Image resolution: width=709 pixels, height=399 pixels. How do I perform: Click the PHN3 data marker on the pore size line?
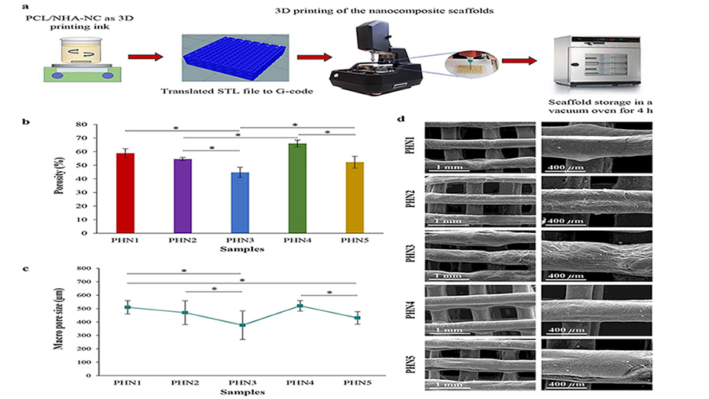[241, 325]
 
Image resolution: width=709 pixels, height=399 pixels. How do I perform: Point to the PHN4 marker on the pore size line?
[299, 306]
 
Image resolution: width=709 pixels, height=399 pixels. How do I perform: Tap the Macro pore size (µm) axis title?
[60, 320]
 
